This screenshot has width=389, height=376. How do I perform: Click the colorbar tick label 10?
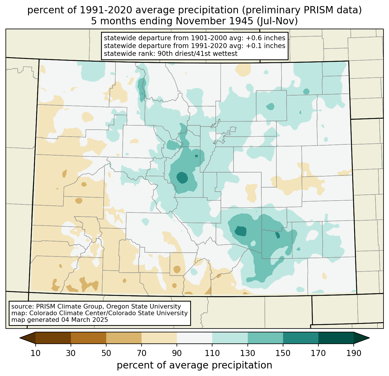[x=35, y=353]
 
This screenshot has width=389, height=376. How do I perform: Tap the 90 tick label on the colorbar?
[x=177, y=353]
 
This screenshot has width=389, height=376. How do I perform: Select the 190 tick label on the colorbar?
[x=354, y=353]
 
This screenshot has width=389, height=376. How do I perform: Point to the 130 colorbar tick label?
[x=247, y=353]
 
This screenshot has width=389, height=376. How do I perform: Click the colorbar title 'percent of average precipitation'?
[x=194, y=365]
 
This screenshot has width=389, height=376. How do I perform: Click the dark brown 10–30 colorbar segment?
[x=53, y=338]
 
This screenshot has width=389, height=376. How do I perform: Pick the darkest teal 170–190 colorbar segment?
[x=336, y=338]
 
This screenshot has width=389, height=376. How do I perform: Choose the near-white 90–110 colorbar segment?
[x=195, y=338]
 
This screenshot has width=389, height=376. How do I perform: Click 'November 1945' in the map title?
[x=214, y=21]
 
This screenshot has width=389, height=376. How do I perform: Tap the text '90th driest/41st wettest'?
[x=197, y=54]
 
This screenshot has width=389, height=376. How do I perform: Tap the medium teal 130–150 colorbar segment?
[x=265, y=338]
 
